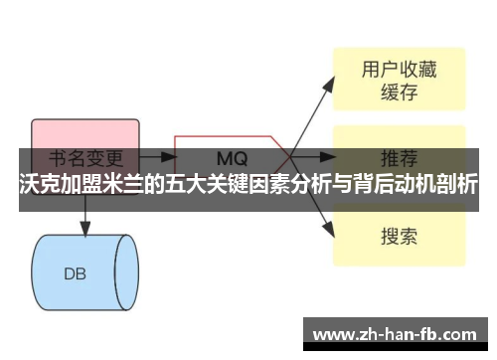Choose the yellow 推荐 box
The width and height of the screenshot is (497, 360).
(398, 159)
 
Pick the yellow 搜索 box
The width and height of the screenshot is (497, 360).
(398, 237)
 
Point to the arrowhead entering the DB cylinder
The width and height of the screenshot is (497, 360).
(83, 230)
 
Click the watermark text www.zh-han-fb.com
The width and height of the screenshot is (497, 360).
(399, 332)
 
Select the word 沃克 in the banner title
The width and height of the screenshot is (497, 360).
(38, 186)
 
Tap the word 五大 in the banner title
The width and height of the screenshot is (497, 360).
(191, 186)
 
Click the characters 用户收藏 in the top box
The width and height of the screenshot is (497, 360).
(398, 70)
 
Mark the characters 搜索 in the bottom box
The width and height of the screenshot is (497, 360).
(398, 237)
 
